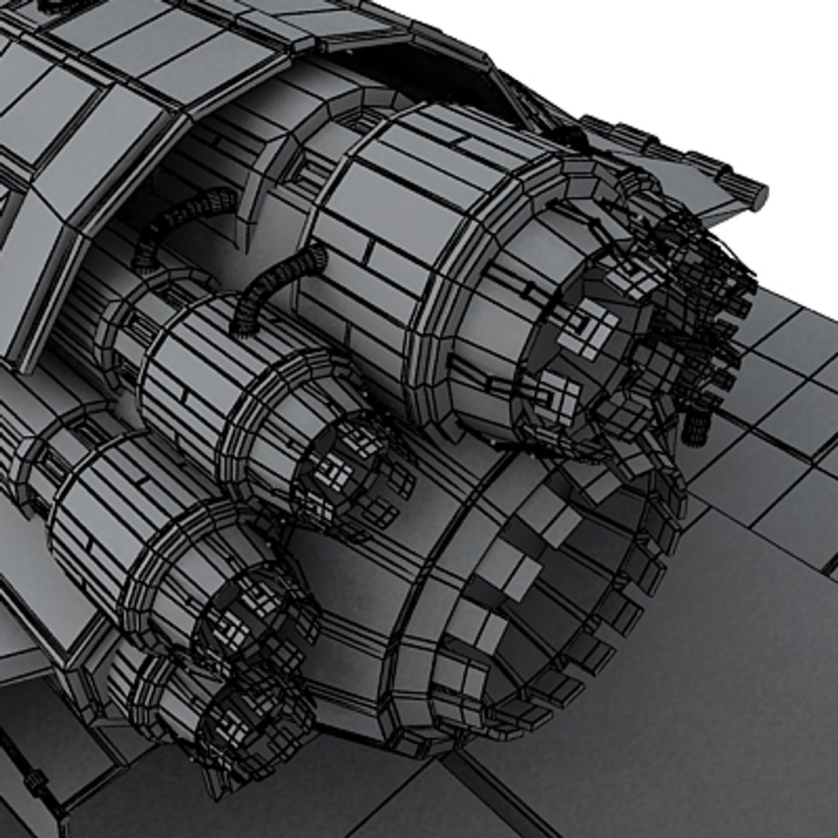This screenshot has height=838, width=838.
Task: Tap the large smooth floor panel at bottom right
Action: tap(698, 698)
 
